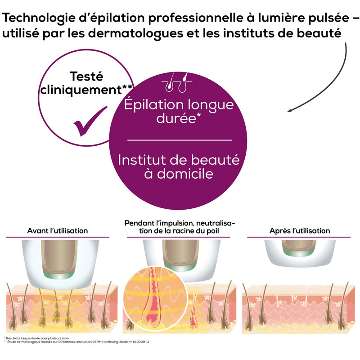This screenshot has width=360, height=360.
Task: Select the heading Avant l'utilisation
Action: (58, 231)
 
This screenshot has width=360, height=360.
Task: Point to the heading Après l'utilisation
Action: (299, 231)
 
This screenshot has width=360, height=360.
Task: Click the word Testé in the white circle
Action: (86, 76)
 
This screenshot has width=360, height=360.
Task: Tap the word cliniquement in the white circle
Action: (81, 90)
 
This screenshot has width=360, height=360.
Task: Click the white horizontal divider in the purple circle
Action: (179, 140)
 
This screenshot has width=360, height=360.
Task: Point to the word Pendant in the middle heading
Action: (140, 224)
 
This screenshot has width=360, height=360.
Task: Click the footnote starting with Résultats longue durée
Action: (36, 337)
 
